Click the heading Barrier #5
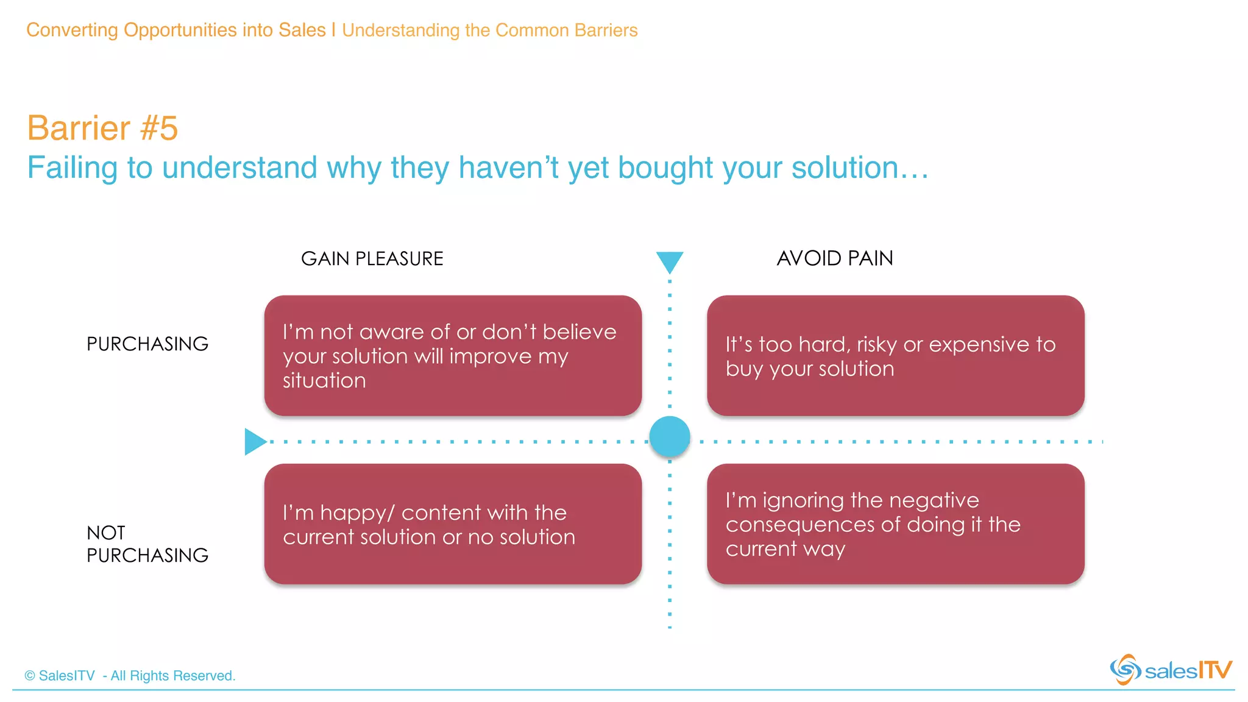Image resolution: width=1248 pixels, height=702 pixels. click(102, 128)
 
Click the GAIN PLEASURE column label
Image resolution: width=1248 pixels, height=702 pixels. click(372, 258)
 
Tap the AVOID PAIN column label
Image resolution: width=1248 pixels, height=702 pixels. click(834, 258)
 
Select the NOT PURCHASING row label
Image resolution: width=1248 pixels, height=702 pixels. click(147, 544)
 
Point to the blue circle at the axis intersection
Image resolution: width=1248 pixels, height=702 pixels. click(669, 436)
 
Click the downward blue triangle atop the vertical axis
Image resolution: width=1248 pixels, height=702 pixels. click(669, 261)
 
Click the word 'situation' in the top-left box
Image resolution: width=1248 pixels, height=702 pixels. click(324, 381)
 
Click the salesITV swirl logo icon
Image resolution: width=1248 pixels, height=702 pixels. click(1125, 670)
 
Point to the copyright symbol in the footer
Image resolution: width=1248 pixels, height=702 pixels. click(30, 676)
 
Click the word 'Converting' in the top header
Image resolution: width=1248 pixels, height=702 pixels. click(72, 30)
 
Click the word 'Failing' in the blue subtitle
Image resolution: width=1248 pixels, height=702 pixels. click(72, 168)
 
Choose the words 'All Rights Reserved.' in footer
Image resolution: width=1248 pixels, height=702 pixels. click(172, 676)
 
